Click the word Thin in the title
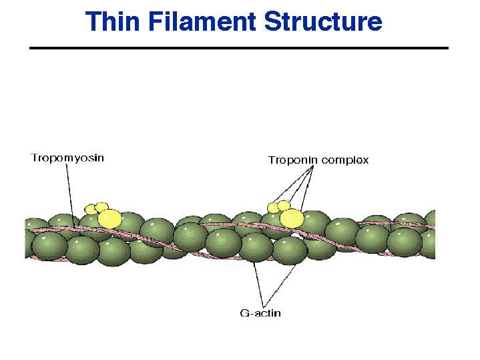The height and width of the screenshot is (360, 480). click(x=111, y=21)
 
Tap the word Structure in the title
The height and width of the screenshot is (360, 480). click(x=323, y=21)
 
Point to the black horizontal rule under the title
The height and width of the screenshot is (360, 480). click(x=239, y=48)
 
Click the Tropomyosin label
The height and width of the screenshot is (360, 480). click(x=67, y=158)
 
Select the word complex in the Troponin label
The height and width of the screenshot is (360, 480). click(x=344, y=160)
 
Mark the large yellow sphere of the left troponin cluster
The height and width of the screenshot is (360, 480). click(x=109, y=218)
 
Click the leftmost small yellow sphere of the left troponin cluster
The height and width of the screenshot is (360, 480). click(x=91, y=210)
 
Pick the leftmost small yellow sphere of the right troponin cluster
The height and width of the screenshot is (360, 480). click(x=274, y=207)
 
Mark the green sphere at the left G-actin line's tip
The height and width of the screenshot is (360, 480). click(x=252, y=248)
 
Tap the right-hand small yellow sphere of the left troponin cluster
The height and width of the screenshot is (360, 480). click(x=102, y=207)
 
